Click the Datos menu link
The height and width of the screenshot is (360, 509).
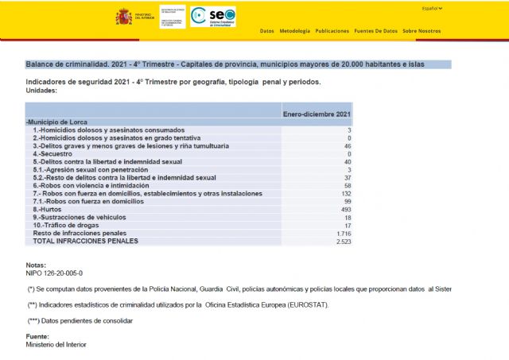[267, 31]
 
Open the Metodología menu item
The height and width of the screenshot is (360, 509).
[295, 31]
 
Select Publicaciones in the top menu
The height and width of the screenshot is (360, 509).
[332, 31]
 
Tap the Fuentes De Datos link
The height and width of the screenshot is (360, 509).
[375, 31]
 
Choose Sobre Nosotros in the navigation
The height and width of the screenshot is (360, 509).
[422, 31]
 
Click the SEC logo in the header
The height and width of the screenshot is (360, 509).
[214, 17]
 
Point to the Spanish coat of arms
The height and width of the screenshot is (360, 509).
[124, 17]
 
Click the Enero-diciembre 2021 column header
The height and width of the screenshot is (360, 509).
[317, 114]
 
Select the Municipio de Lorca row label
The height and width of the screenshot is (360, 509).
[58, 122]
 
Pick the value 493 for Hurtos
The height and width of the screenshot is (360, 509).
[345, 209]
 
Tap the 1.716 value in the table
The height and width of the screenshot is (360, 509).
[343, 233]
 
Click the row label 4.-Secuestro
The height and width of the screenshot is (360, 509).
[53, 153]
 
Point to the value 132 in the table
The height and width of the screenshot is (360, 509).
[345, 193]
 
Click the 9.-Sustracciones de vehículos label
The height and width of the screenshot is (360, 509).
[80, 217]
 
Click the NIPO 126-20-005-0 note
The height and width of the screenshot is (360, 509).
[54, 273]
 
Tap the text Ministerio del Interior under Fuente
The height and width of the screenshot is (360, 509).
[56, 345]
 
